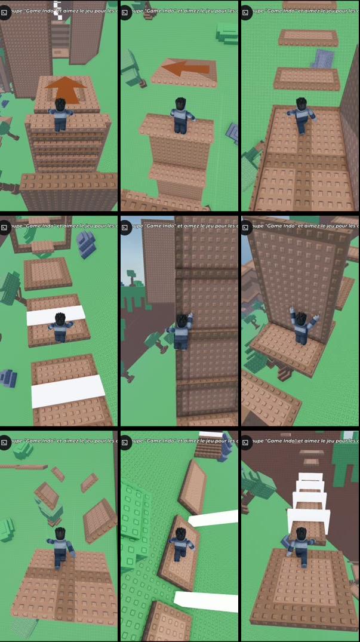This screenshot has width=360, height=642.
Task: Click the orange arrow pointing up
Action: coord(66,90)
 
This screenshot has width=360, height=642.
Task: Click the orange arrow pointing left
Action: coord(186,69)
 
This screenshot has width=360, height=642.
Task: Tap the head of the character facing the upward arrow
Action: coord(60,105)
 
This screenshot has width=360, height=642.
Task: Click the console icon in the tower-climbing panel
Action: coord(125,227)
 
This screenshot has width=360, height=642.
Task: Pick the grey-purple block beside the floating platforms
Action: coord(323,59)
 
